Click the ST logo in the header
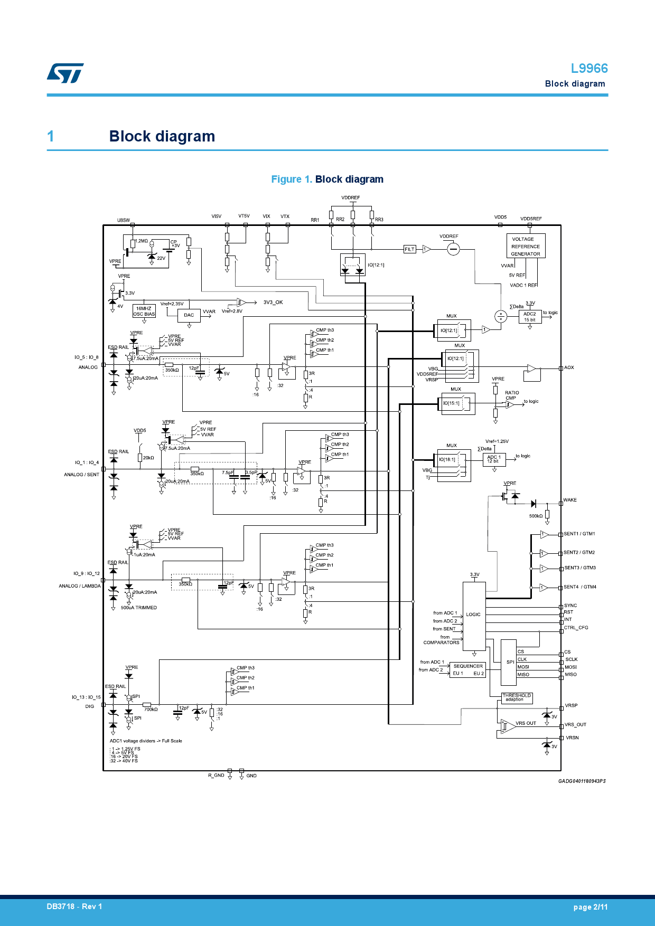click(65, 73)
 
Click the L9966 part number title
click(589, 69)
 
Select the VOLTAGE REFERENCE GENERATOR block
click(526, 246)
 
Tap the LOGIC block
click(474, 616)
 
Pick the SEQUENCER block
click(467, 669)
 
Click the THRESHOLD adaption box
click(516, 698)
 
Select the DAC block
click(189, 315)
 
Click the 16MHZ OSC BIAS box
click(144, 311)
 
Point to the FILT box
click(409, 249)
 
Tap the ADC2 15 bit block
click(529, 317)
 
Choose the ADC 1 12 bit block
click(493, 459)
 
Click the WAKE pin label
click(570, 500)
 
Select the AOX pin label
click(569, 367)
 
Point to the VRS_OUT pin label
click(575, 725)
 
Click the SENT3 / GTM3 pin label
click(579, 568)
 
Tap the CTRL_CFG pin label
click(576, 628)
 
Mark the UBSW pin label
click(123, 220)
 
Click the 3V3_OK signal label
click(273, 303)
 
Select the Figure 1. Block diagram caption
click(327, 179)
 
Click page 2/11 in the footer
click(590, 907)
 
